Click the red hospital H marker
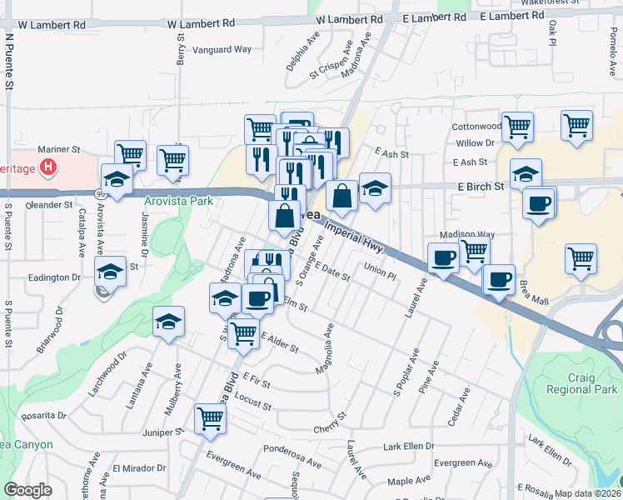49,167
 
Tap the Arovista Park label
178,201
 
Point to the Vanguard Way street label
222,49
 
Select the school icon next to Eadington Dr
110,271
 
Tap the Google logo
27,489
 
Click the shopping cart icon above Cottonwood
518,127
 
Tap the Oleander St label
50,204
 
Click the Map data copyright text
588,493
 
